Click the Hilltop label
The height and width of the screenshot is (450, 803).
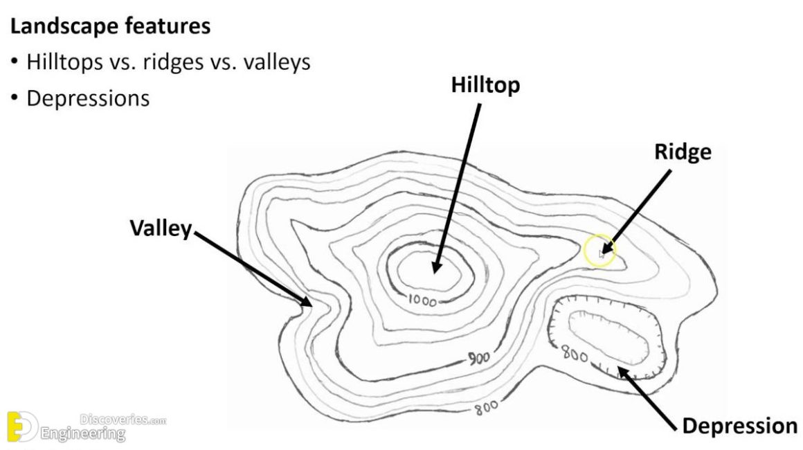point(485,85)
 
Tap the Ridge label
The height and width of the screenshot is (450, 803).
point(683,152)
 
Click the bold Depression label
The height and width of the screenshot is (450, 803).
point(739,425)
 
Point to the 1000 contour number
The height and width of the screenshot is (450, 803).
point(422,300)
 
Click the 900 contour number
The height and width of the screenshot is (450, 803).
point(477,358)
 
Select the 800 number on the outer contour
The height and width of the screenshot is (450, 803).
point(486,408)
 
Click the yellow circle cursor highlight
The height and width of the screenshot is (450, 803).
point(599,250)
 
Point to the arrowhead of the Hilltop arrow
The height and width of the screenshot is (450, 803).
point(436,269)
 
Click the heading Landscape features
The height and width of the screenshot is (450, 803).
point(110,27)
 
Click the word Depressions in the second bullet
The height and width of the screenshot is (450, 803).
point(88,98)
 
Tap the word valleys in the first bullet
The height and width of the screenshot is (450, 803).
point(276,62)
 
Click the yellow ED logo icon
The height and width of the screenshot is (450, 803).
point(21,426)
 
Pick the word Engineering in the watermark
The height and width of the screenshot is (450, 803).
point(84,435)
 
